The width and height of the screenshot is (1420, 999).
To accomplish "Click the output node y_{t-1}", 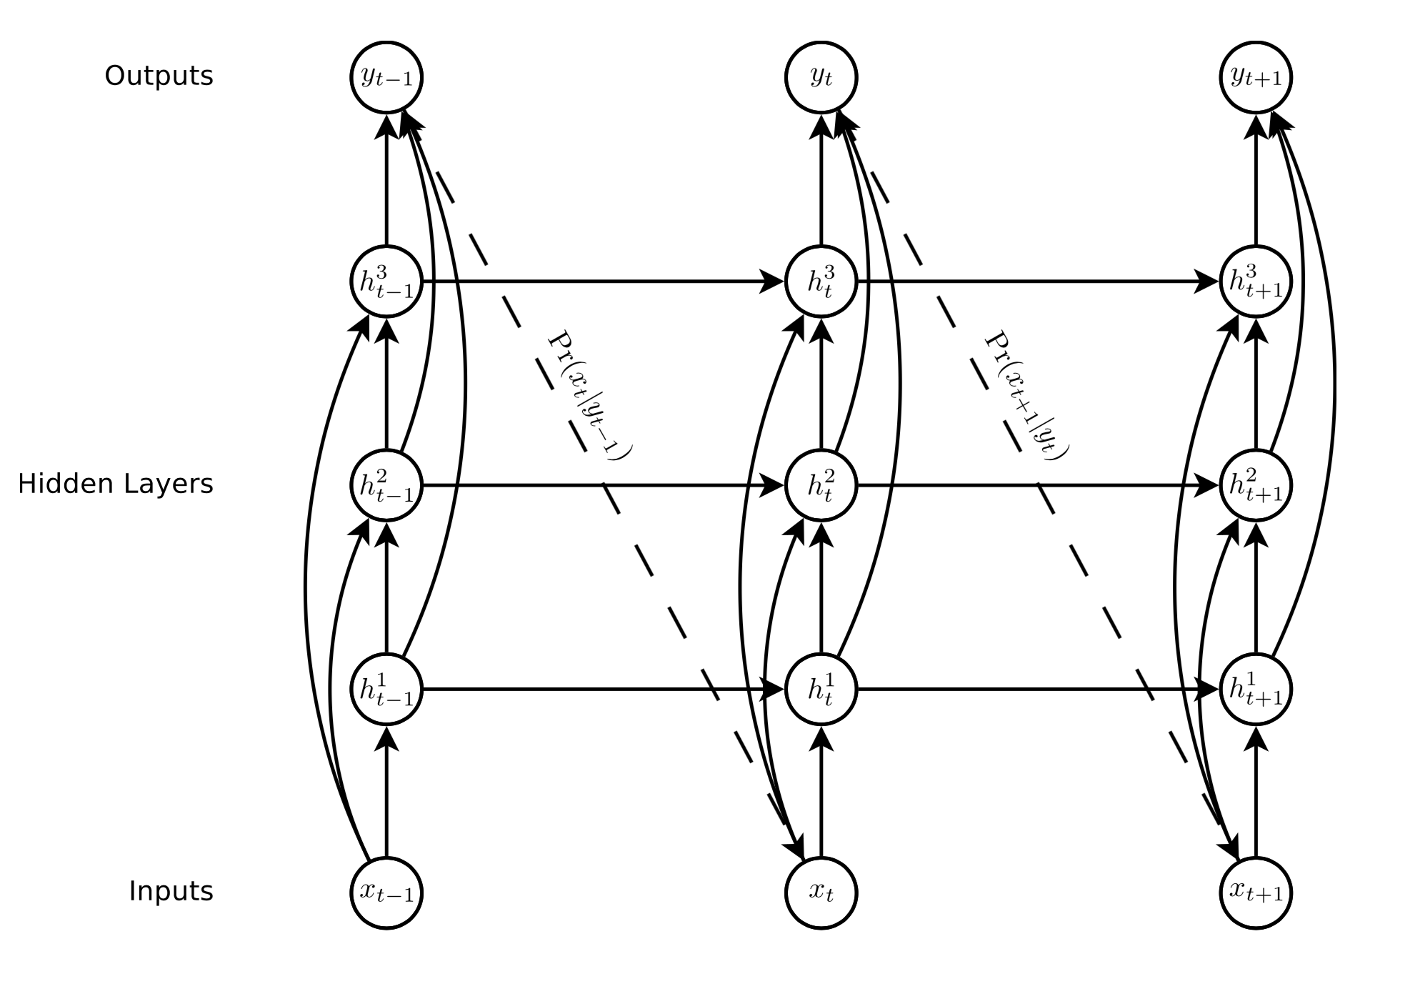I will click(386, 77).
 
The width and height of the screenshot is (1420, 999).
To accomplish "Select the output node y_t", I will click(821, 77).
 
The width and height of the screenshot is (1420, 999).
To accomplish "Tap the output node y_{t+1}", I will click(1256, 77).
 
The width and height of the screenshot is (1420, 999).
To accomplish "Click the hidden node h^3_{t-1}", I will click(386, 282).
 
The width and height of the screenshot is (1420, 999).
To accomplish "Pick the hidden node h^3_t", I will click(821, 282).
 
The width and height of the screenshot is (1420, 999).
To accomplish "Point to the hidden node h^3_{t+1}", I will click(1256, 282).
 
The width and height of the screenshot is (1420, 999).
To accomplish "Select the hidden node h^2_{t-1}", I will click(386, 486).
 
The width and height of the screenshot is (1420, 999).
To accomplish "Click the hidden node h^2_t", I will click(821, 486).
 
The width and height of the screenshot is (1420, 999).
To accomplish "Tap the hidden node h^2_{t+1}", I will click(1256, 486).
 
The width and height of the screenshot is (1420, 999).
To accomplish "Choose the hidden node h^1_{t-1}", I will click(386, 690).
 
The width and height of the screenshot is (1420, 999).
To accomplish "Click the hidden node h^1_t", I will click(821, 690).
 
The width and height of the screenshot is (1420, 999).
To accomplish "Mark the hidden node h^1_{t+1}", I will click(1256, 690).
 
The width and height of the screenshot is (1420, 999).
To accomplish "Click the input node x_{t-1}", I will click(386, 893).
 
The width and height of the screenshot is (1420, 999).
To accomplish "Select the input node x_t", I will click(821, 893).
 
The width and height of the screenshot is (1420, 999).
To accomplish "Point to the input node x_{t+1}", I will click(1256, 893).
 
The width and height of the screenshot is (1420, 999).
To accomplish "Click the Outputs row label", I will click(159, 76).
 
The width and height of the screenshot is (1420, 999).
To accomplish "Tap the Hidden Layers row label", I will click(116, 484).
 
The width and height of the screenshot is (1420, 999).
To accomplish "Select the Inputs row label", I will click(171, 891).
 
